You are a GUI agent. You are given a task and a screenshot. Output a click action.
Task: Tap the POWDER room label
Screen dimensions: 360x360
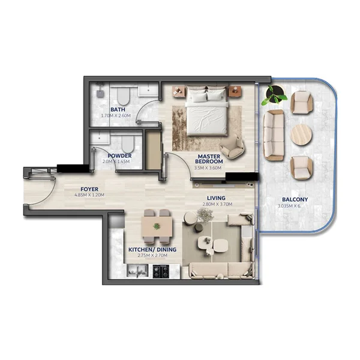coord(120,155)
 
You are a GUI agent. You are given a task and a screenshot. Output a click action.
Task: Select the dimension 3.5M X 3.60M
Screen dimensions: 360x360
coord(210,168)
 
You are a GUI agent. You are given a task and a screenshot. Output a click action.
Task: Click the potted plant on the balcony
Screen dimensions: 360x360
coord(275,94)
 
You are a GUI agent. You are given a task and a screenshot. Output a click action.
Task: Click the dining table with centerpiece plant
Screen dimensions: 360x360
coord(156,227)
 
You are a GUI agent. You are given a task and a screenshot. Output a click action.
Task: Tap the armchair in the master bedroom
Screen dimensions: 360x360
coord(232,146)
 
